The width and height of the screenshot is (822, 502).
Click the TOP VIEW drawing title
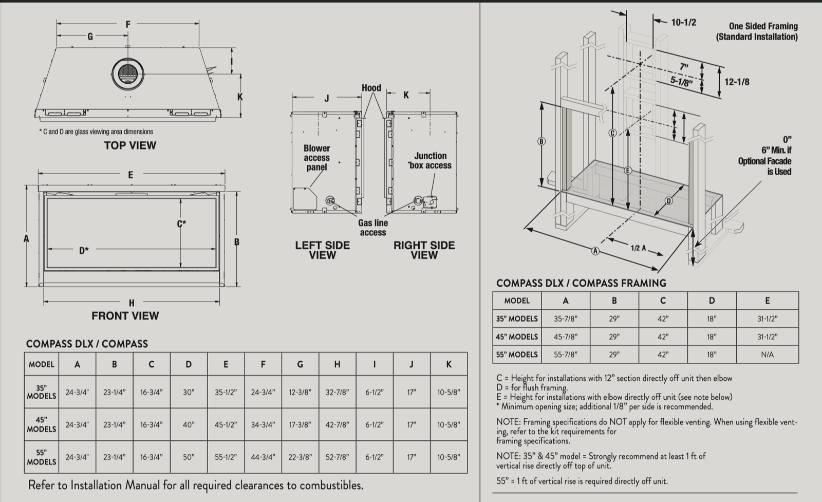[130, 145]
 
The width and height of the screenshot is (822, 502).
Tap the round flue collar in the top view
[127, 73]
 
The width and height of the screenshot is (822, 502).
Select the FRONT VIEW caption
[125, 316]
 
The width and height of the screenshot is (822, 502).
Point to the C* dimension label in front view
[181, 224]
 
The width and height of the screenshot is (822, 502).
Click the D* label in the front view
[84, 251]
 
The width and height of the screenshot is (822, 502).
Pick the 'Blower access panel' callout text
[316, 158]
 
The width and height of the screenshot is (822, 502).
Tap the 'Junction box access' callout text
[431, 160]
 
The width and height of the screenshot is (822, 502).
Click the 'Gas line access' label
[373, 228]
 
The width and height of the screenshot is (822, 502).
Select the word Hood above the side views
[371, 88]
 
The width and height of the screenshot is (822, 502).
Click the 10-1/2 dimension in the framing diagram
[684, 22]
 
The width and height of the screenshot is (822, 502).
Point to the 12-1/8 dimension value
[737, 82]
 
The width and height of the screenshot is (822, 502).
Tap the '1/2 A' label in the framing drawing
[639, 248]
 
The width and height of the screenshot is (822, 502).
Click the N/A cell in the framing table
[767, 355]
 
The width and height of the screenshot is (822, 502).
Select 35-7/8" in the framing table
[565, 319]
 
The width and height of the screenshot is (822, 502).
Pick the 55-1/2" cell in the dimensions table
[226, 457]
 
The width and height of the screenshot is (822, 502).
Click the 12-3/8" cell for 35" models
[300, 392]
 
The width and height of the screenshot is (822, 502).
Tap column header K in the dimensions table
[449, 364]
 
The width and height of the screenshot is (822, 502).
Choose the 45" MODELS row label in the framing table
[516, 337]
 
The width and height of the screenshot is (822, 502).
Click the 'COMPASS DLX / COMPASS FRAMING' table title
[581, 283]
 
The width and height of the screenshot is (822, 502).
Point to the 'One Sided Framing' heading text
[763, 26]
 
